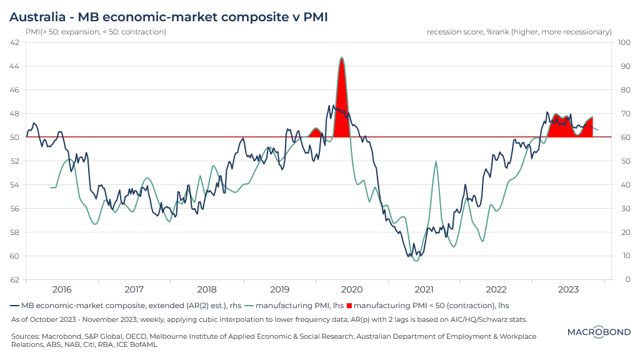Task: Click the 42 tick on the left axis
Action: pos(14,42)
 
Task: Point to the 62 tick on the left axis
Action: pos(14,279)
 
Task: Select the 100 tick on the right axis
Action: pos(624,42)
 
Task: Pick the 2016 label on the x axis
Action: pos(62,289)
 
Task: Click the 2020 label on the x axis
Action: pos(351,289)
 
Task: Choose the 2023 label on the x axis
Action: pos(568,289)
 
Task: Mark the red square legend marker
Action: pos(349,306)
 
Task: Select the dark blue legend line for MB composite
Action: pos(15,306)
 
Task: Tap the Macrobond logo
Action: pos(599,332)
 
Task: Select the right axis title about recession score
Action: pos(519,31)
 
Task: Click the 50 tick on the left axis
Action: pos(14,137)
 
